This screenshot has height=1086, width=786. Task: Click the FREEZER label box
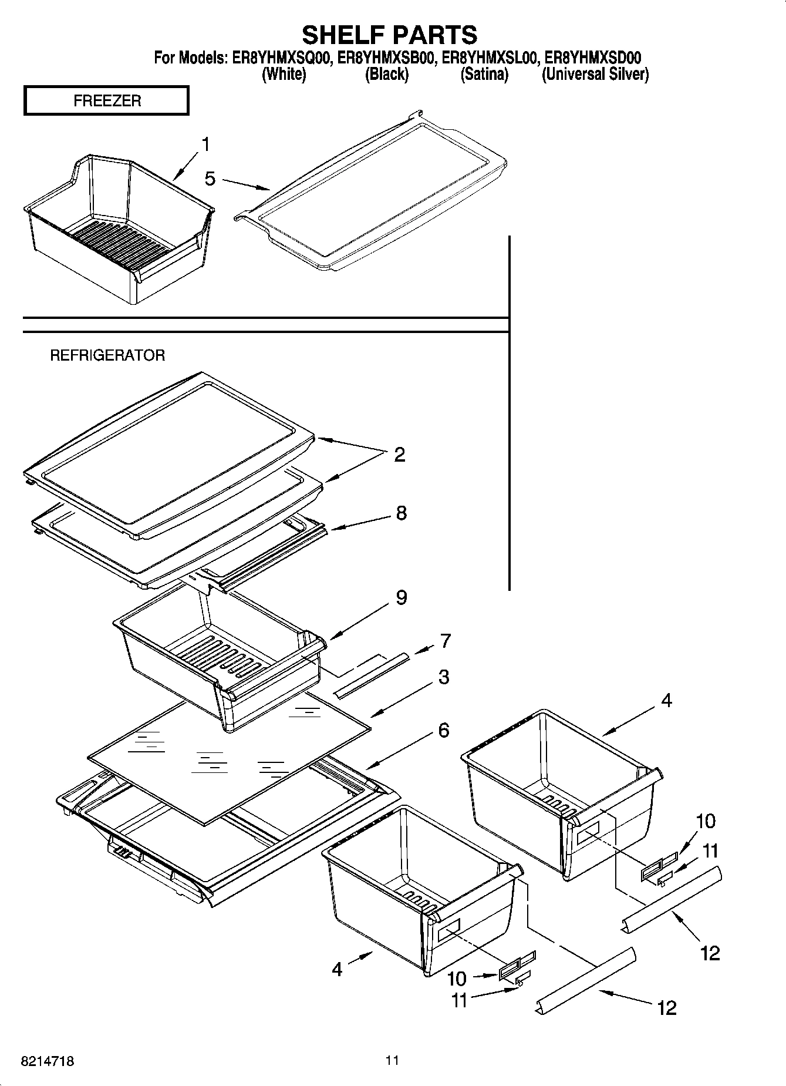point(106,100)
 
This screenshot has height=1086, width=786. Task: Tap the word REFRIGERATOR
point(107,355)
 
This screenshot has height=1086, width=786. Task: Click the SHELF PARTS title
point(389,35)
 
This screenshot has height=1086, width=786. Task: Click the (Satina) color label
point(484,75)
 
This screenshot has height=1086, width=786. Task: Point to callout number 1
point(205,144)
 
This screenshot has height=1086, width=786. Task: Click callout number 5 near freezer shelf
point(210,179)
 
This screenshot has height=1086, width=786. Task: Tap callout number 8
point(401,513)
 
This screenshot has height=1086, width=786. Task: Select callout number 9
point(401,597)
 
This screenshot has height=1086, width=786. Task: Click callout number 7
point(446,640)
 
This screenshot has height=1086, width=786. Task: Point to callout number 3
point(444,677)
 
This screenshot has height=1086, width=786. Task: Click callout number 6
point(444,730)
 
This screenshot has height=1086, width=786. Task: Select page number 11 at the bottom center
point(392,1060)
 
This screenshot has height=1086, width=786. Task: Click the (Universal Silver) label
point(595,75)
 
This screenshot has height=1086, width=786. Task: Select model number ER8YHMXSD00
point(592,58)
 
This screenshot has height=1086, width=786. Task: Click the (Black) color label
point(386,75)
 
